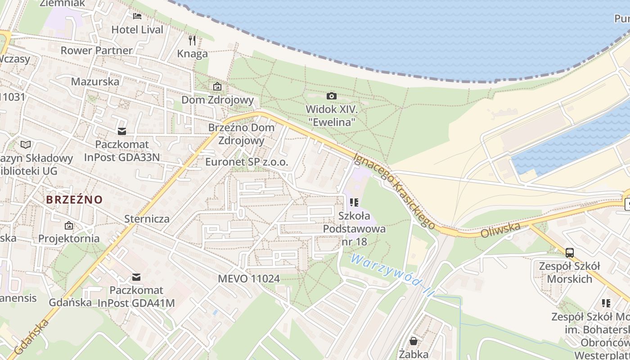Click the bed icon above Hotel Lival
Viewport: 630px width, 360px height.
coord(137,16)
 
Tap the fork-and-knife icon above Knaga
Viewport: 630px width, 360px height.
coord(192,40)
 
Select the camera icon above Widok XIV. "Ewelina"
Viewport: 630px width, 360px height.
coord(331,96)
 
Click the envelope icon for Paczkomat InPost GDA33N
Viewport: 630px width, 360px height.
coord(122,131)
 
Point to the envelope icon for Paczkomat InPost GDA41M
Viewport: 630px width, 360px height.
coord(136,277)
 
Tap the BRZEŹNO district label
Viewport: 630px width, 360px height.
coord(74,199)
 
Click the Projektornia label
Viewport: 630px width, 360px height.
coord(69,238)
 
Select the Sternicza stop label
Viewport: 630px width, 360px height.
coord(147,219)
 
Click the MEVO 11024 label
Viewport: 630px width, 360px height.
coord(248,279)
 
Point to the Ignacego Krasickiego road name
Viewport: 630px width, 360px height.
coord(394,190)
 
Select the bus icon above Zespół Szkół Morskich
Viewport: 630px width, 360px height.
coord(569,252)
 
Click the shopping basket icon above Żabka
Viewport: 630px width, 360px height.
coord(413,341)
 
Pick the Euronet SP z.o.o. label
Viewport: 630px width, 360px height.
coord(246,162)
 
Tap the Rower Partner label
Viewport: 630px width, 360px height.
coord(96,50)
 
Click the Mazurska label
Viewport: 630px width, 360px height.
coord(95,81)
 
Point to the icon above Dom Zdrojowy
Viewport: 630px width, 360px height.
coord(217,86)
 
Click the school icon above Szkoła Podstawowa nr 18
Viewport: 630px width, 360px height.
coord(354,202)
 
